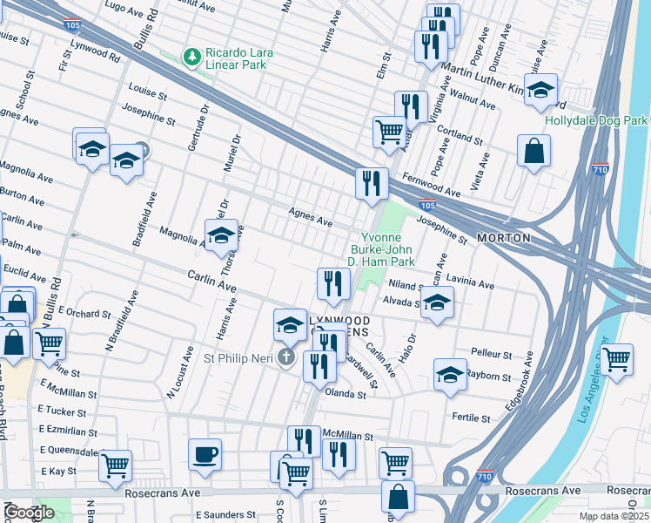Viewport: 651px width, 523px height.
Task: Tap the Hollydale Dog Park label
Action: [x=597, y=120]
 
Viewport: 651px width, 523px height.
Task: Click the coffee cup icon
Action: [x=205, y=454]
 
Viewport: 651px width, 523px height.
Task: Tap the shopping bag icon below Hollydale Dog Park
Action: [x=534, y=150]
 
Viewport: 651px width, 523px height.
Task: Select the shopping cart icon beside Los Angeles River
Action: [x=616, y=358]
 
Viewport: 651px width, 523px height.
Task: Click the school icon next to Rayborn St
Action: [x=449, y=375]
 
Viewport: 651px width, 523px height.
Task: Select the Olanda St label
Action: [x=346, y=395]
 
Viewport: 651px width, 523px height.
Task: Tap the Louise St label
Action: [x=146, y=89]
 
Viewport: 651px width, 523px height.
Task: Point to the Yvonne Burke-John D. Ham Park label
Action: [x=384, y=248]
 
